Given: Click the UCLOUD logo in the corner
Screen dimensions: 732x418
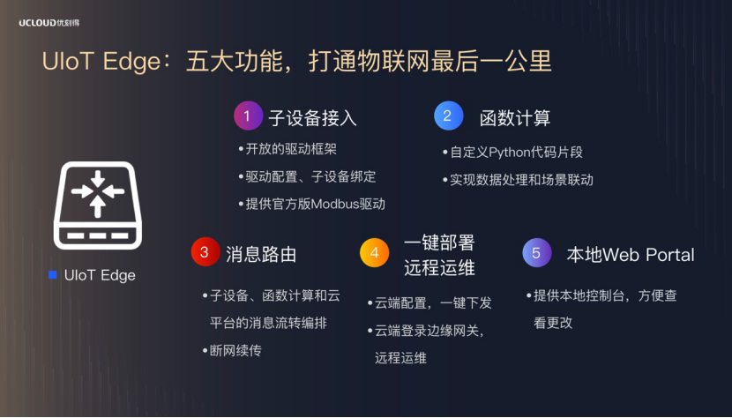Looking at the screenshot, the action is point(49,23).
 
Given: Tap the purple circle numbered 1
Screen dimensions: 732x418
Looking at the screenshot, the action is point(248,116).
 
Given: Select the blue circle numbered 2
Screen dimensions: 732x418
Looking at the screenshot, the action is point(448,116).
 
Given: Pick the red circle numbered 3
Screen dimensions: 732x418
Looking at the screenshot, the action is point(205,251).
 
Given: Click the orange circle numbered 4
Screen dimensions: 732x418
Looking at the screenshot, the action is point(375,253).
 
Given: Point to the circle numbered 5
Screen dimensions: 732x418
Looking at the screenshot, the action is point(537,253).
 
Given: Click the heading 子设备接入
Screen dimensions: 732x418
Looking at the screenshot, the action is point(312,117).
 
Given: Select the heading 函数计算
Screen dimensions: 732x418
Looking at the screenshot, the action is point(515,117).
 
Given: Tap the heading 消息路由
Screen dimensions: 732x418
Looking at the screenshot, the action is point(261,255).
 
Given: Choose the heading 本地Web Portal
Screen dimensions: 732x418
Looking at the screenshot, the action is point(631,255).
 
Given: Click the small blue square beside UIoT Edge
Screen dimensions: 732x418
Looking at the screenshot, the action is point(53,275).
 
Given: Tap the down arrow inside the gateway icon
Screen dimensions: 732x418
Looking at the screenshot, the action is point(98,179).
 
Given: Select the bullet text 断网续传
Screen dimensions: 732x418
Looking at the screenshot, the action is point(235,350).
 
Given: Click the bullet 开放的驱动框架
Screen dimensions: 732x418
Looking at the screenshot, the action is point(291,149).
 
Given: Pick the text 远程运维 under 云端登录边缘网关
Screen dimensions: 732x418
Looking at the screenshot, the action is point(400,358).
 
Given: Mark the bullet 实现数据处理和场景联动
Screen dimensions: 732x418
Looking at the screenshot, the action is point(521,180).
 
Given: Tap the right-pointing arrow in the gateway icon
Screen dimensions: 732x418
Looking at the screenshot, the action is point(82,191).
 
